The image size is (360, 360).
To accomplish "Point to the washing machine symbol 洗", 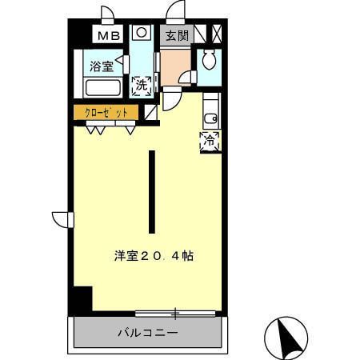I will tap(141, 85).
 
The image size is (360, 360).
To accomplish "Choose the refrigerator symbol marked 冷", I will tap(210, 141).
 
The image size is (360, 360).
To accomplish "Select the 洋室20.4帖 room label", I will tap(153, 256).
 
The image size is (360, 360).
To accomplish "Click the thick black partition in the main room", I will tap(150, 190).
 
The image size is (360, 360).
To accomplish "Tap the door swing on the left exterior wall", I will tap(62, 218).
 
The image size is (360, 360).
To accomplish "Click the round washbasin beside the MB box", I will tap(141, 34).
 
